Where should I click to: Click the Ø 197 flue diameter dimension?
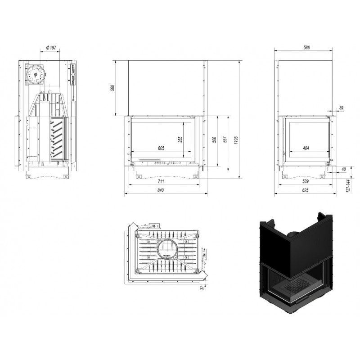51,48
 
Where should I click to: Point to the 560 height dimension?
112,88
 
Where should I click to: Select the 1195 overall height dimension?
236,140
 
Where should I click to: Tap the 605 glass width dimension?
161,148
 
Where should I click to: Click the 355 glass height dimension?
180,139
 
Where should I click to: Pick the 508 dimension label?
214,139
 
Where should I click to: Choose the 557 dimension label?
225,139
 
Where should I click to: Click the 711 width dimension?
161,181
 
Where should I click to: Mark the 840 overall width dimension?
161,190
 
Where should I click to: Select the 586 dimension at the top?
306,48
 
